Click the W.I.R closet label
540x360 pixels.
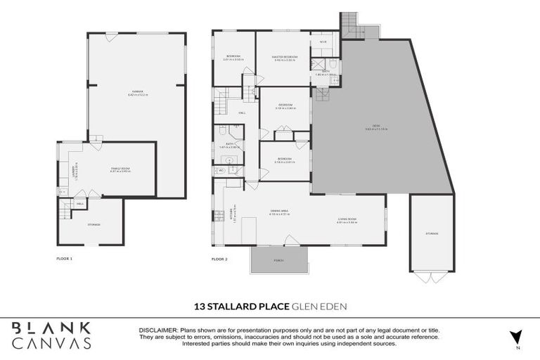click(x=323, y=42)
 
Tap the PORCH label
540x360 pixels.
click(x=278, y=261)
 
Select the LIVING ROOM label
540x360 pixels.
click(x=347, y=220)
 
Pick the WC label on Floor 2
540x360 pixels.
click(x=220, y=170)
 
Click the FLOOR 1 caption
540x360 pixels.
click(x=65, y=259)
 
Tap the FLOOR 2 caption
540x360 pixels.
click(x=220, y=259)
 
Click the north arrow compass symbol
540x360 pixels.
click(x=517, y=337)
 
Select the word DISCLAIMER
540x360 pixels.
click(x=160, y=330)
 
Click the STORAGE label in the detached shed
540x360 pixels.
click(x=431, y=233)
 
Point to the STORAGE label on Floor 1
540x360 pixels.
click(x=94, y=224)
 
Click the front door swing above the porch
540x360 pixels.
click(x=290, y=240)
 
